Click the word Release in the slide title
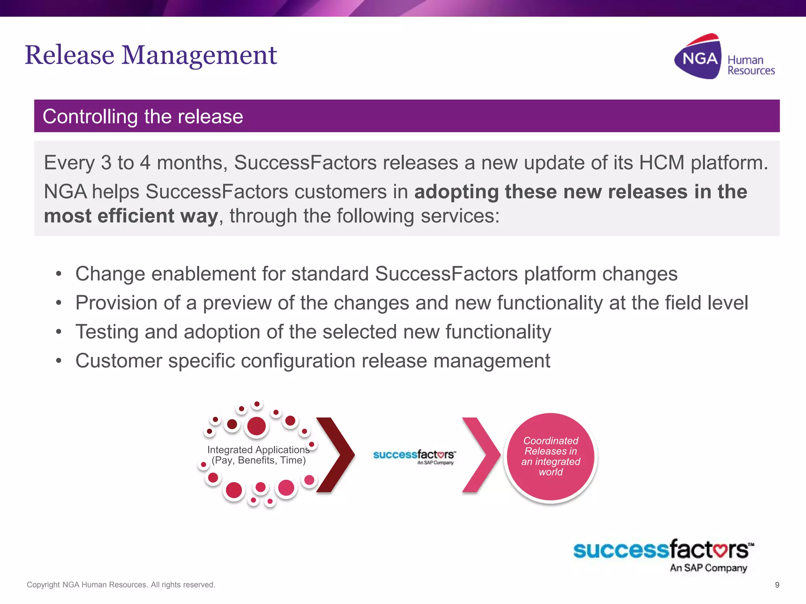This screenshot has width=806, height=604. pyautogui.click(x=69, y=55)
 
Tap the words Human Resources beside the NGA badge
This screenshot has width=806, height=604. pyautogui.click(x=750, y=65)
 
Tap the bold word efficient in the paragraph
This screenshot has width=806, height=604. pyautogui.click(x=136, y=216)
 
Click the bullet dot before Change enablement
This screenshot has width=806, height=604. pyautogui.click(x=59, y=274)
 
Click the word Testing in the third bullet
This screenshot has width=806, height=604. pyautogui.click(x=107, y=332)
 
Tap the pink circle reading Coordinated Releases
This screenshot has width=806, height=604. pyautogui.click(x=551, y=457)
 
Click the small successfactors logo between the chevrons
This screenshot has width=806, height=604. pyautogui.click(x=414, y=456)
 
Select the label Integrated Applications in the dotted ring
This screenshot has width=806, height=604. pyautogui.click(x=258, y=450)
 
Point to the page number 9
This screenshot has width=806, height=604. pyautogui.click(x=777, y=585)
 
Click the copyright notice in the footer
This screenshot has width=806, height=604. pyautogui.click(x=121, y=585)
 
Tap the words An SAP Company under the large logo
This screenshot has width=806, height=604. pyautogui.click(x=708, y=568)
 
